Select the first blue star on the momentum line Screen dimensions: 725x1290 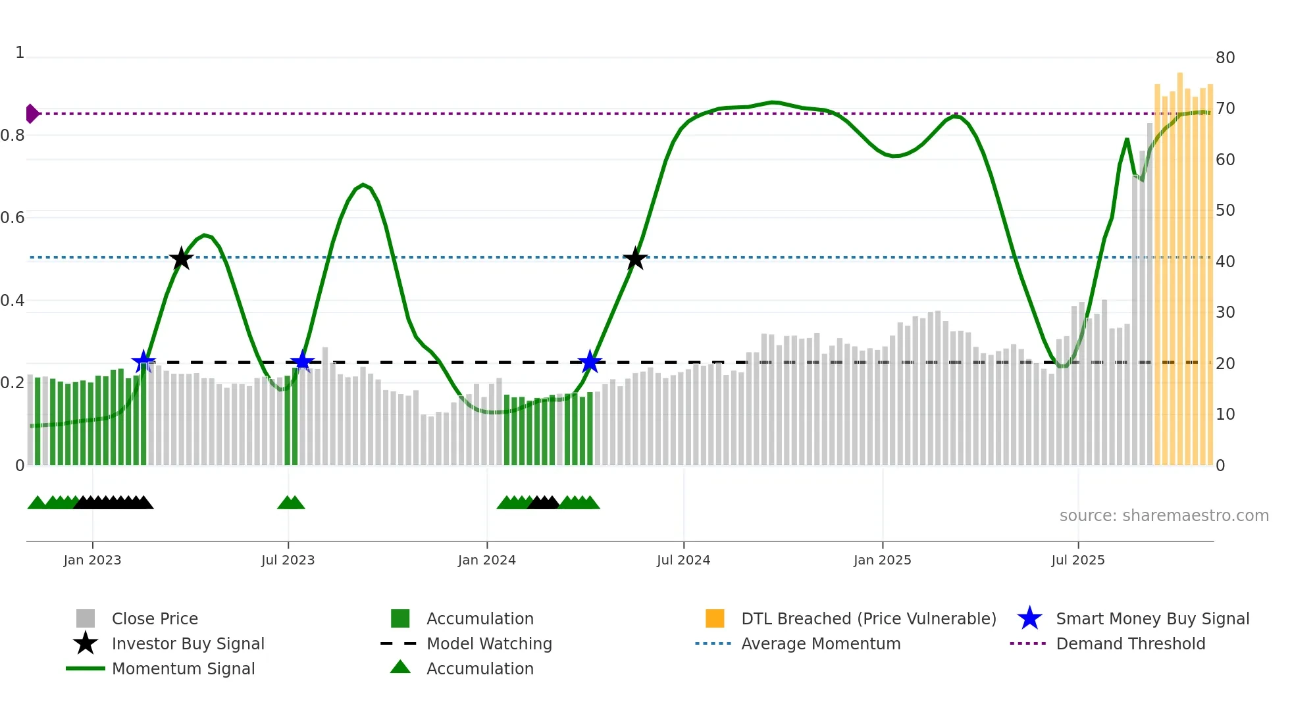(143, 361)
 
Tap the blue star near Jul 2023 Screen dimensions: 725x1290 (302, 361)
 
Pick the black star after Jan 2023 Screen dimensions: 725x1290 (181, 259)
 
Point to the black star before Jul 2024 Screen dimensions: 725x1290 (635, 259)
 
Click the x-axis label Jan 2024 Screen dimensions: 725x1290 (486, 560)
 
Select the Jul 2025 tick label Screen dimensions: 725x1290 (1077, 560)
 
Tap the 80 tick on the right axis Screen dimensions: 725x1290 (1225, 58)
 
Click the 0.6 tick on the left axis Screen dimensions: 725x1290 (13, 218)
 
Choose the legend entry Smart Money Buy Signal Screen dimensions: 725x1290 (1152, 618)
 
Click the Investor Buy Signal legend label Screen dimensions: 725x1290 (188, 643)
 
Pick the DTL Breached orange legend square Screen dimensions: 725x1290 (715, 618)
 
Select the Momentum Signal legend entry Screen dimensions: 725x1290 (183, 668)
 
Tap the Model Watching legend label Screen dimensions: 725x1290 (489, 643)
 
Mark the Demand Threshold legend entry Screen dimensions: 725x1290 (1130, 643)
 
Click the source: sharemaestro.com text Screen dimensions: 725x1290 (1164, 516)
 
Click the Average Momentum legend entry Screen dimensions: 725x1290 (820, 643)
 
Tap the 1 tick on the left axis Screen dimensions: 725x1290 (20, 53)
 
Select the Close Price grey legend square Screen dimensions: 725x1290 (86, 618)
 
